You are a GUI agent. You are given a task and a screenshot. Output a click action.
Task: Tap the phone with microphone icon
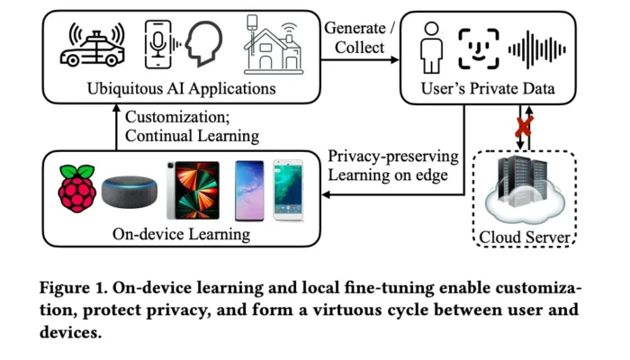(x=159, y=45)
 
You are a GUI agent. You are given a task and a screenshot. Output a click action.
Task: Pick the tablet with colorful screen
(x=192, y=191)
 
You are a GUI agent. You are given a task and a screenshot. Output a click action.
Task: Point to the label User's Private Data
(x=487, y=90)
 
